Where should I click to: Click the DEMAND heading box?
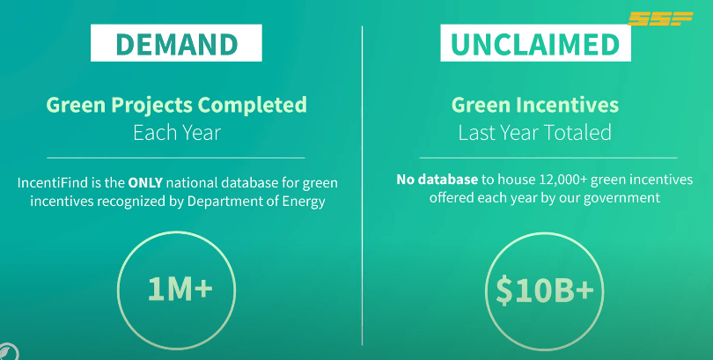(176, 43)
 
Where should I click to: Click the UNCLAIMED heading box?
(535, 43)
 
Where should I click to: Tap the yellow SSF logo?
(660, 18)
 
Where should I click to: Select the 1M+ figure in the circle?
(180, 289)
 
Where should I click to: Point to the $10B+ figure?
(545, 290)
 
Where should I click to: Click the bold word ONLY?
(145, 183)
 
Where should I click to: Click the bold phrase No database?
(437, 180)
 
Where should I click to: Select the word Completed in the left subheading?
(253, 105)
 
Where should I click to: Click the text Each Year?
(177, 133)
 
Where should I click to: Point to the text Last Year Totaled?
(535, 133)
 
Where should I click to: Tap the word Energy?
(304, 202)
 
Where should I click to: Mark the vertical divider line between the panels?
(363, 186)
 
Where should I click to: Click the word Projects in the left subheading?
(152, 106)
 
